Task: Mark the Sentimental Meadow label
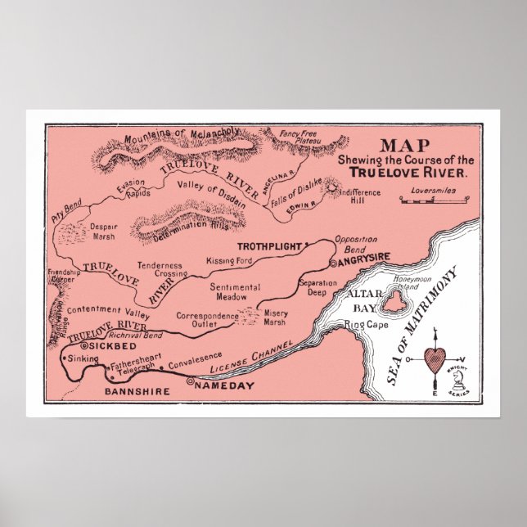(235, 292)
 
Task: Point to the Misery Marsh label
(276, 318)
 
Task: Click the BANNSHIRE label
(137, 392)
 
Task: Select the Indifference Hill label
(359, 196)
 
